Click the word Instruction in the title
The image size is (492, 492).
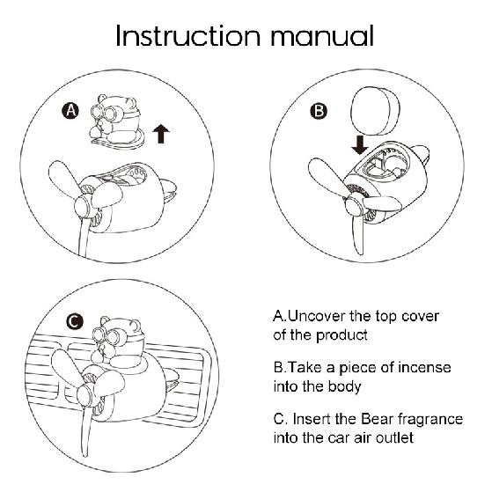point(188,36)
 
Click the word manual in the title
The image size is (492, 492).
point(322,36)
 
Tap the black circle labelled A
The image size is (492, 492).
point(70,110)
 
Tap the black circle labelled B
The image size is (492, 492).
point(319,111)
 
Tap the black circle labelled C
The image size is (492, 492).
point(75,321)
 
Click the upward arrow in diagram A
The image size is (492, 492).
point(161,134)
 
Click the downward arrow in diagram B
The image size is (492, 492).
point(360,145)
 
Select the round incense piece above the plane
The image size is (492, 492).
point(375,110)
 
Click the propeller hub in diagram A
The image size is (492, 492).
point(83,206)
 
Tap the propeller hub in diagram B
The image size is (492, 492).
point(353,203)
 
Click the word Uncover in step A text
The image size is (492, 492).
point(316,316)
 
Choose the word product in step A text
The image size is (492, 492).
point(341,335)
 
